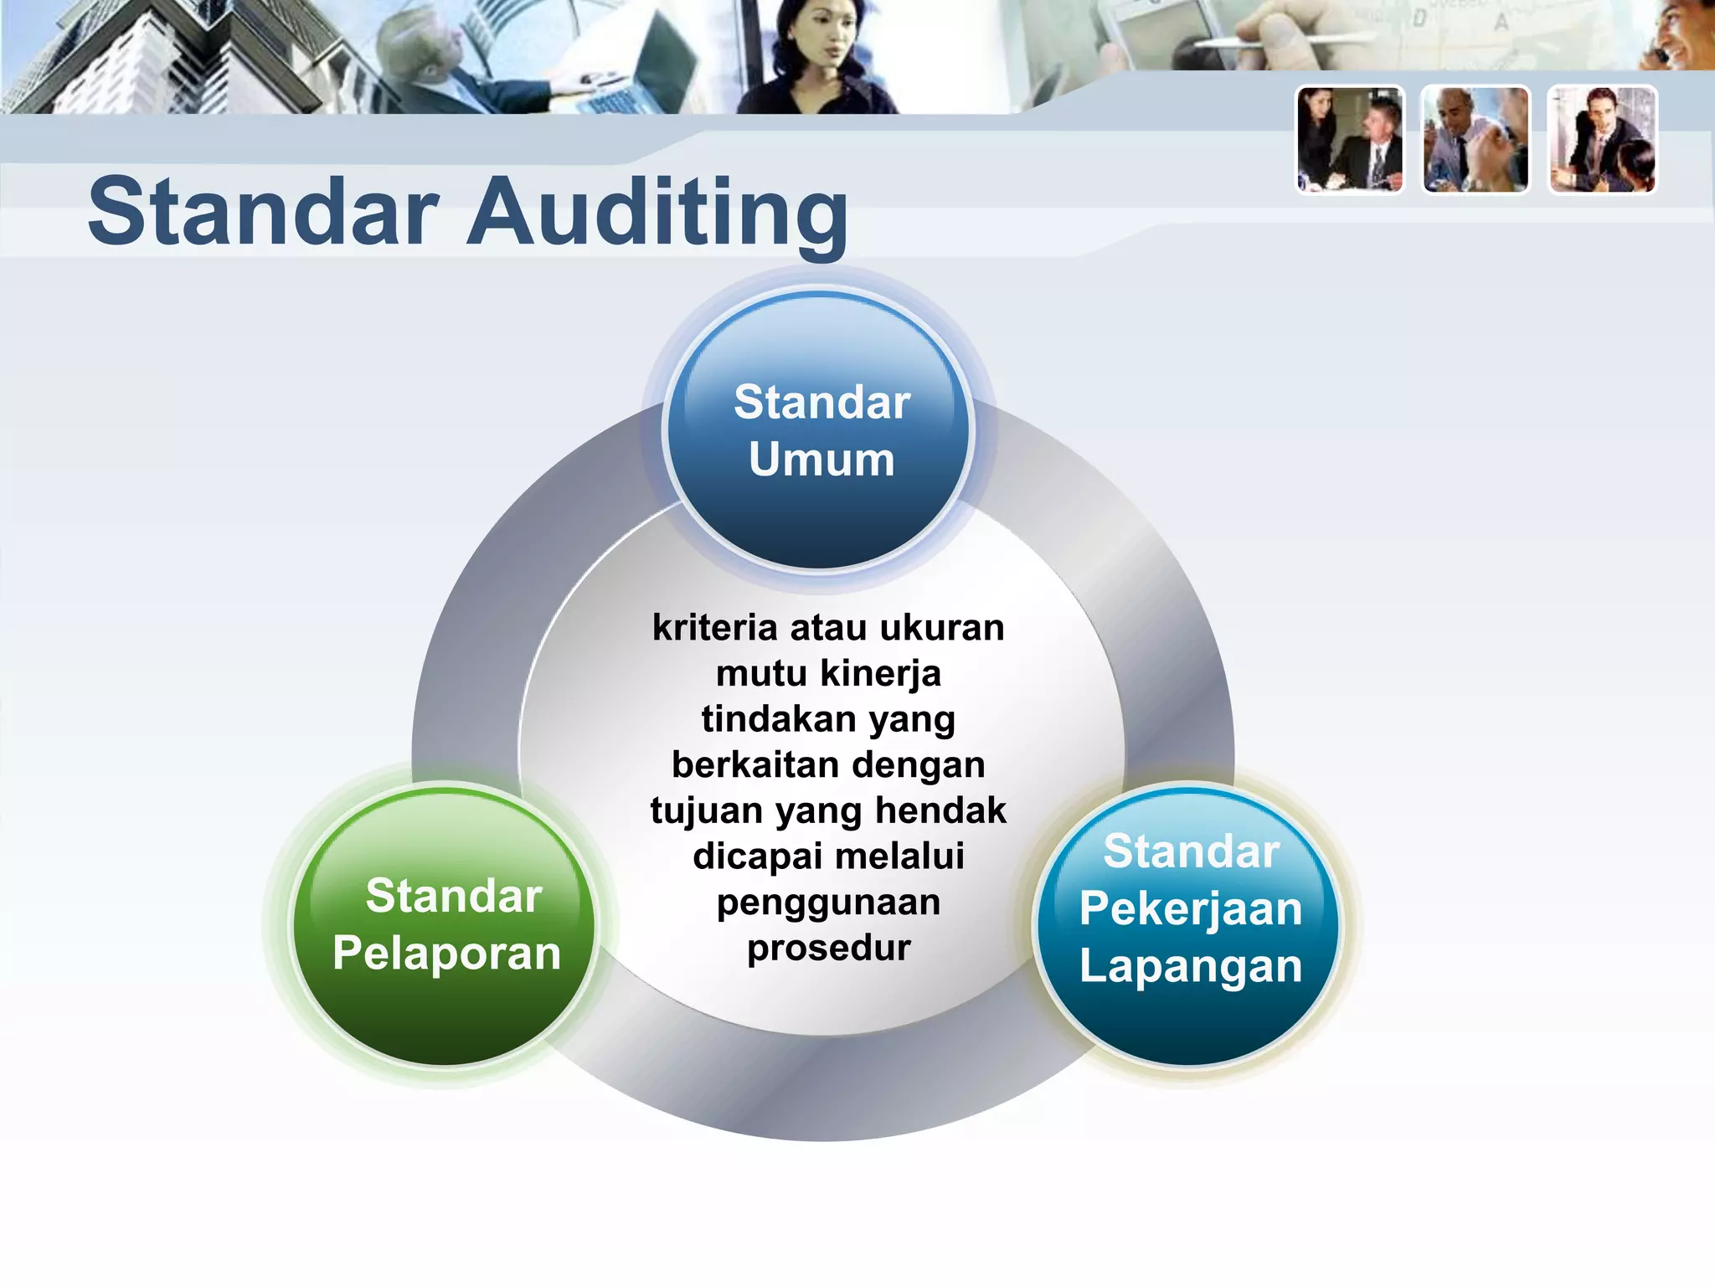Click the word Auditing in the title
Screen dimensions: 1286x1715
click(x=657, y=213)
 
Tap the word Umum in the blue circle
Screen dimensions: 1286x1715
click(x=821, y=460)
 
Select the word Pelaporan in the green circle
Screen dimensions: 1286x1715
click(x=446, y=953)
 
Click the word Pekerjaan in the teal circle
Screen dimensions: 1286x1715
click(x=1190, y=909)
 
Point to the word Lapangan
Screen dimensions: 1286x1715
click(x=1190, y=966)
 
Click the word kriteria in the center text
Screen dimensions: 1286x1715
click(x=714, y=627)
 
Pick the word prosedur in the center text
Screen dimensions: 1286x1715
click(x=828, y=948)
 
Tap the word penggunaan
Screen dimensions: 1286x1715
click(x=828, y=903)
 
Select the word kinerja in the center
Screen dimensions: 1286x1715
click(x=880, y=673)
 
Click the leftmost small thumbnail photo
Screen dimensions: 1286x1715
click(x=1349, y=140)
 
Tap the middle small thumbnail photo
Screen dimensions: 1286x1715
click(x=1476, y=140)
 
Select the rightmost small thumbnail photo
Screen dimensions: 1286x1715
click(x=1602, y=140)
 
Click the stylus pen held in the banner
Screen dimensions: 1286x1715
click(x=1256, y=40)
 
